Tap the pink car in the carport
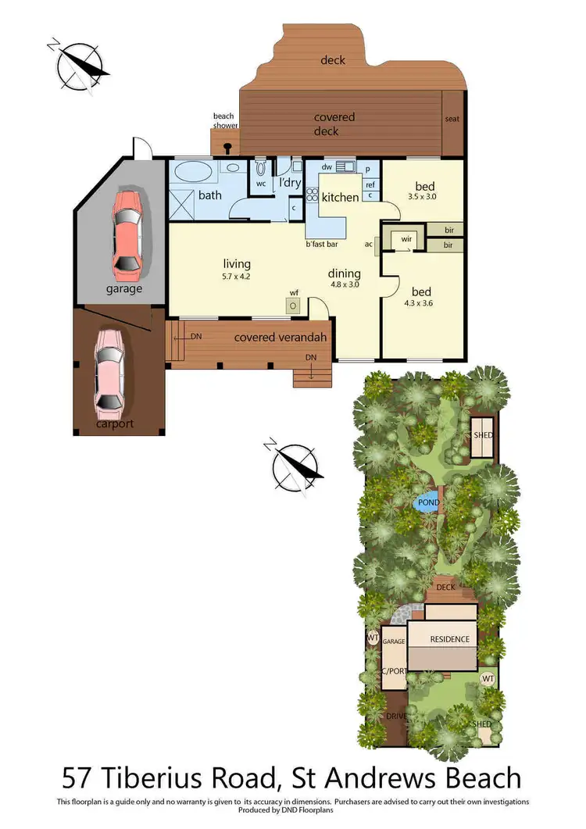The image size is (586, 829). [x=109, y=371]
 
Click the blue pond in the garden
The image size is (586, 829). [x=427, y=503]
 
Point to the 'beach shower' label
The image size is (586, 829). [x=223, y=122]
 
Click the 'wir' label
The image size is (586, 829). [x=406, y=238]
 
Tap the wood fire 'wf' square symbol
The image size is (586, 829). [x=293, y=306]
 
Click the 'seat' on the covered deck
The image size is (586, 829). [x=452, y=120]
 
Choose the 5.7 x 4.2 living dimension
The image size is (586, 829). [x=235, y=276]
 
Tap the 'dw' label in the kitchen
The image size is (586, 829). [x=327, y=167]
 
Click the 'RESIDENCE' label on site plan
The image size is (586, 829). [x=449, y=639]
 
